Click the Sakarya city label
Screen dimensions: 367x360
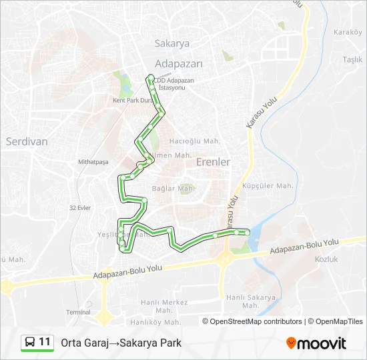tap(172, 43)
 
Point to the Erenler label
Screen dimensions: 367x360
tap(213, 161)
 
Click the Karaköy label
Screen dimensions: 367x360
tap(347, 32)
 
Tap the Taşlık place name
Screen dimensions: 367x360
tap(352, 59)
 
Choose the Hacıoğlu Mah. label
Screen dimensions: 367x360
tap(195, 141)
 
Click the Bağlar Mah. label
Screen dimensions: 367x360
tap(173, 189)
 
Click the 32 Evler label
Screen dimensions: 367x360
tap(80, 207)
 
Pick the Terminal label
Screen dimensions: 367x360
tap(78, 312)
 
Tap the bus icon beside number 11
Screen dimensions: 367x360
tap(30, 342)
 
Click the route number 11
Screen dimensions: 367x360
tap(45, 342)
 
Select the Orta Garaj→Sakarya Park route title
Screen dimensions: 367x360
tap(121, 343)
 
